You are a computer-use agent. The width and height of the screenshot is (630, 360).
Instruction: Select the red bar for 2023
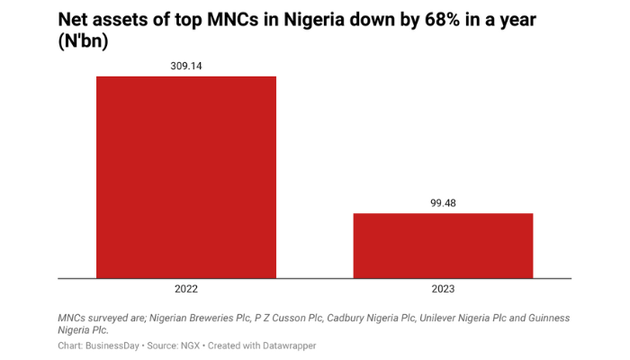[443, 246]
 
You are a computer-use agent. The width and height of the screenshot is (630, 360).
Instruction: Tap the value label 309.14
[186, 66]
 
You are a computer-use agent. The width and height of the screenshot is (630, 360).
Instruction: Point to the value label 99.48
[443, 202]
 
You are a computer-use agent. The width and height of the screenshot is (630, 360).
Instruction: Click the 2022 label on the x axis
[186, 290]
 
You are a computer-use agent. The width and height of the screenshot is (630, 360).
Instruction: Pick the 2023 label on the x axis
[443, 290]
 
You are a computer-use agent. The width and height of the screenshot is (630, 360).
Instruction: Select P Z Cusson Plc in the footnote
[285, 318]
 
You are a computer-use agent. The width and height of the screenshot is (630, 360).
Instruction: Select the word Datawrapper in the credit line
[285, 345]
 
